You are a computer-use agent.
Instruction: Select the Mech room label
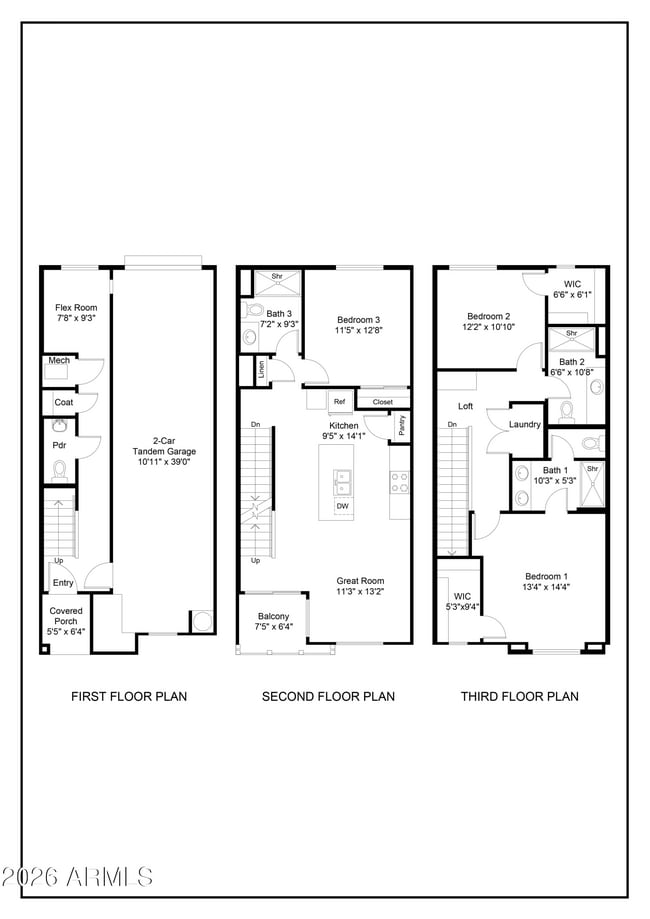[x=58, y=360]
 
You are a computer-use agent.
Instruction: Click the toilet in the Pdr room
[x=59, y=468]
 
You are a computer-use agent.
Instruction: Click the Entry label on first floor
[x=63, y=583]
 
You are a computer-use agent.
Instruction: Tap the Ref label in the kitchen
[x=339, y=402]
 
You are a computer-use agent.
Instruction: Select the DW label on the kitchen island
[x=342, y=506]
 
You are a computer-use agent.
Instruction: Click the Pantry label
[x=401, y=424]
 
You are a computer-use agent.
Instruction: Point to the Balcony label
[x=273, y=616]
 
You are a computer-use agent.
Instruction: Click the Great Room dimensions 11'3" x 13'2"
[x=360, y=592]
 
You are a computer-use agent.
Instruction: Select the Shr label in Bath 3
[x=277, y=277]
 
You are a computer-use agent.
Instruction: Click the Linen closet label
[x=260, y=369]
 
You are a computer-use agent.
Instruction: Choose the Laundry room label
[x=524, y=424]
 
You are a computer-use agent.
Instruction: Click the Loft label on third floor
[x=465, y=406]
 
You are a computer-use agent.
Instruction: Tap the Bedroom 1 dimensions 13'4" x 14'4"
[x=546, y=588]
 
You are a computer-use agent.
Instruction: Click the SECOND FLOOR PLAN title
[x=328, y=696]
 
